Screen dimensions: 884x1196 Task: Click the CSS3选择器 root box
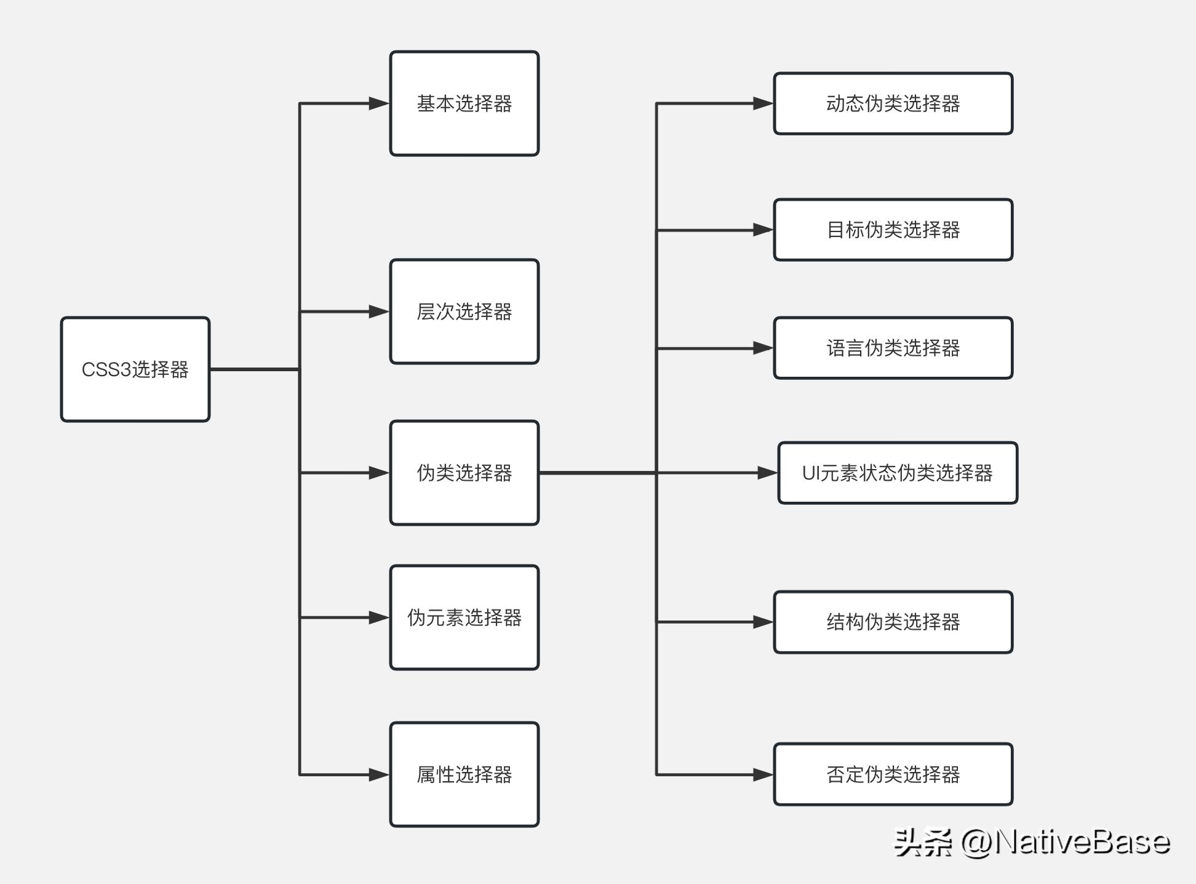pos(135,369)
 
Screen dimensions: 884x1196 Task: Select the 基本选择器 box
pos(464,103)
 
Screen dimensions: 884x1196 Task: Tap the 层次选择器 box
pos(464,311)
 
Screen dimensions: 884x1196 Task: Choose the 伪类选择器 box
pos(464,473)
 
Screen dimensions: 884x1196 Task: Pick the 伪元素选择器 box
pos(464,617)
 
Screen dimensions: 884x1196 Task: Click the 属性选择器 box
pos(464,774)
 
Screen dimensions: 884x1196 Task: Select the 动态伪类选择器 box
pos(893,103)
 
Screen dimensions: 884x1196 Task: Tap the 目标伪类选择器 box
pos(893,230)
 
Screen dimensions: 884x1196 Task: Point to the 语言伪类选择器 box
pos(893,348)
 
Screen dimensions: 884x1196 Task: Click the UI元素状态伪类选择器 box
pos(898,473)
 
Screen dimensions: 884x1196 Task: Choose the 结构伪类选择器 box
pos(893,622)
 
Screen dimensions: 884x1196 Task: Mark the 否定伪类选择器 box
pos(893,774)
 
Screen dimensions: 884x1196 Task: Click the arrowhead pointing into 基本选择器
pos(379,103)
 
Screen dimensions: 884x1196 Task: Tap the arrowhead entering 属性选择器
pos(379,774)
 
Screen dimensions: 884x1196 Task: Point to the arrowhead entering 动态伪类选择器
pos(763,103)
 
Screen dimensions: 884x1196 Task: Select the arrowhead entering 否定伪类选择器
pos(763,774)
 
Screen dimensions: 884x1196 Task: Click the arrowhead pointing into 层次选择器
pos(379,311)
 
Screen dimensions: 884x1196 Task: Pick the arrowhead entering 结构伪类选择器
pos(763,622)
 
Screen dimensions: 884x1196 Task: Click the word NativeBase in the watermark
pos(1082,842)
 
